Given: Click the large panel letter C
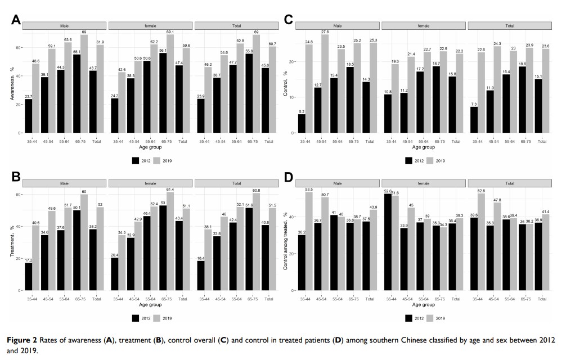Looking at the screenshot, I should coord(289,21).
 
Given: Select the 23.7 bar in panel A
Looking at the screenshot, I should coord(28,116).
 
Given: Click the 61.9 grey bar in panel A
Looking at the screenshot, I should coord(100,89).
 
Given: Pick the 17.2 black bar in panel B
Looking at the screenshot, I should coord(28,276).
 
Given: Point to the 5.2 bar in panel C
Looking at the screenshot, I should coord(302,123).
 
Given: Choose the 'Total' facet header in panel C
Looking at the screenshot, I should coord(509,26).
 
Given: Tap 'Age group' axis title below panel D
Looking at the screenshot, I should coord(424,304).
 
